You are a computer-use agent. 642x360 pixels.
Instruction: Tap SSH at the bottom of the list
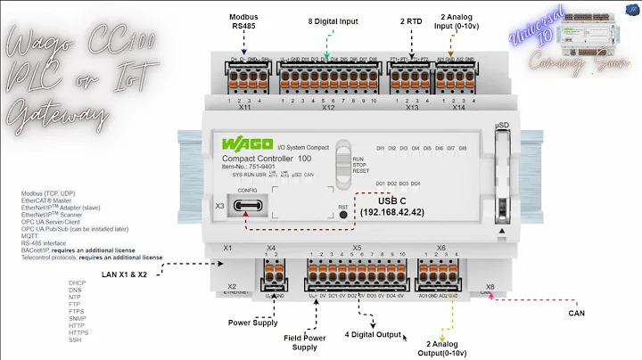[74, 340]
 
